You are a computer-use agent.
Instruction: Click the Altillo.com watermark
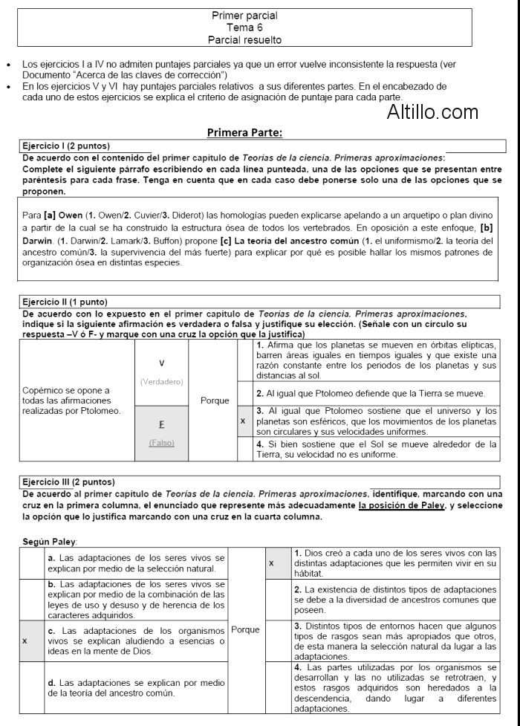point(432,112)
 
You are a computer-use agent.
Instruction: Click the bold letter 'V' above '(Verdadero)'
point(161,363)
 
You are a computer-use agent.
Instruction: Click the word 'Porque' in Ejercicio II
point(215,401)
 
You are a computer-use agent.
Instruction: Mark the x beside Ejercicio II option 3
point(243,420)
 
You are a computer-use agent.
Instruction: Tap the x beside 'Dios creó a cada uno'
point(271,563)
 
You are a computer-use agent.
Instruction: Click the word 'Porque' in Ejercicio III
point(245,629)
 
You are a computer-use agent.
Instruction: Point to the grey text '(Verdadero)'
point(161,382)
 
